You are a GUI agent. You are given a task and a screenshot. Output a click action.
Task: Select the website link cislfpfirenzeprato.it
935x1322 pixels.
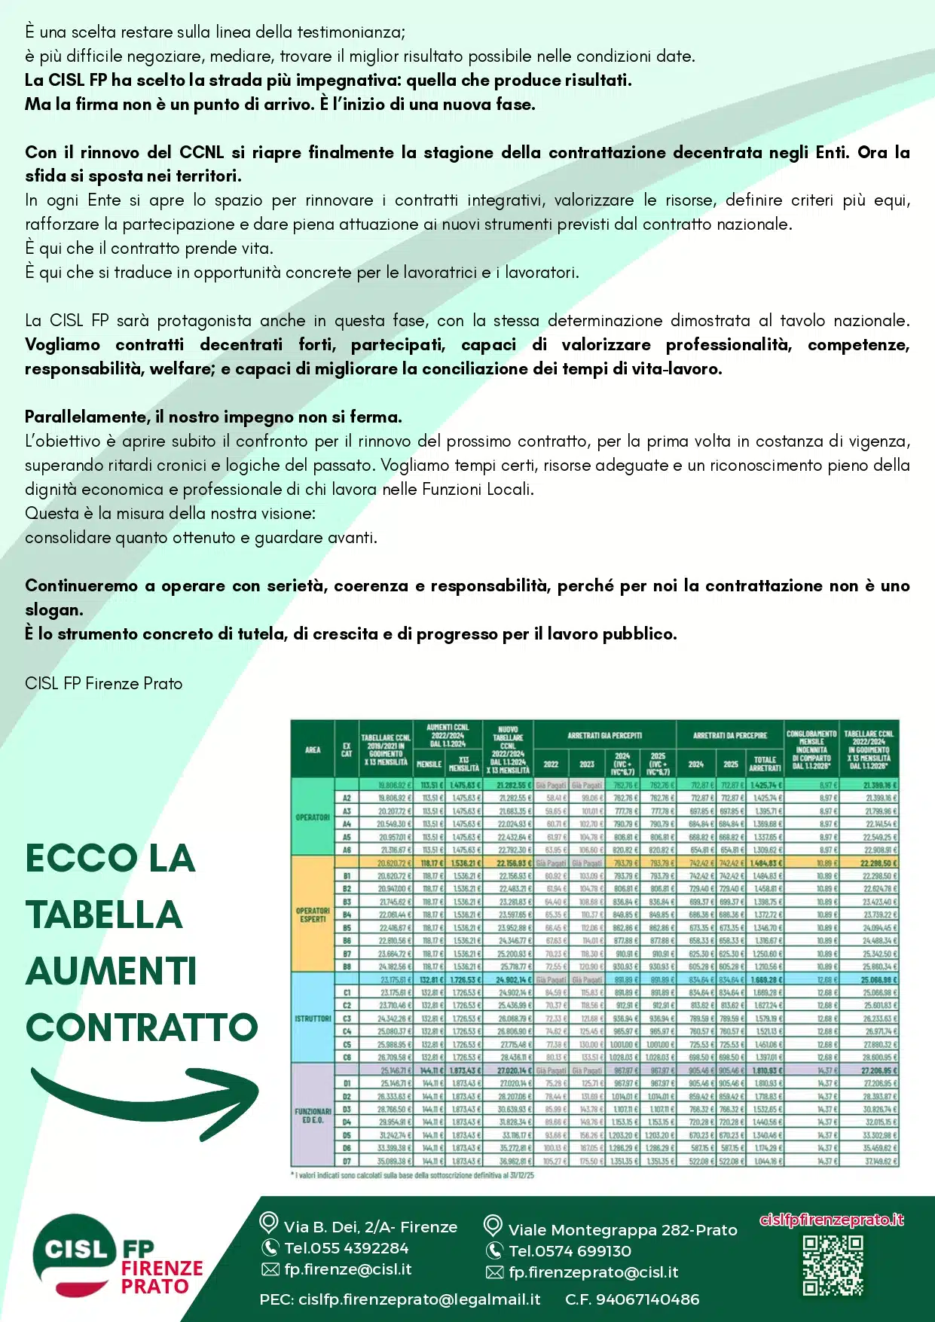point(832,1220)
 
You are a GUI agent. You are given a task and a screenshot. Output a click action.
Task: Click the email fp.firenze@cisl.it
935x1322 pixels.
point(347,1269)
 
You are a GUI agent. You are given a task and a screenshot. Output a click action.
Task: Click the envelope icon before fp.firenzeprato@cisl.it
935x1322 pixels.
point(494,1272)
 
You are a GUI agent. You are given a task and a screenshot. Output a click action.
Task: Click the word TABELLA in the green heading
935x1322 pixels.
point(104,915)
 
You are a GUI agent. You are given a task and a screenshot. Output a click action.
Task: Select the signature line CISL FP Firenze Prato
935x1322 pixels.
point(103,684)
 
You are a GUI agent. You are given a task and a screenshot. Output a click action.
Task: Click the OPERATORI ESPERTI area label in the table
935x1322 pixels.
point(313,914)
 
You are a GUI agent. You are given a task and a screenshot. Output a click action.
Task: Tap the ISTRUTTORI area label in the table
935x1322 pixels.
point(313,1018)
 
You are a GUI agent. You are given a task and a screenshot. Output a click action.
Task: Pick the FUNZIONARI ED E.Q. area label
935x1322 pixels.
point(313,1115)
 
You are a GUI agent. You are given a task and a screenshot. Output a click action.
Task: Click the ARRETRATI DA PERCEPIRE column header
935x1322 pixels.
point(729,735)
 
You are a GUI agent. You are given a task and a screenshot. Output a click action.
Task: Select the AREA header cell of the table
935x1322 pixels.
point(313,750)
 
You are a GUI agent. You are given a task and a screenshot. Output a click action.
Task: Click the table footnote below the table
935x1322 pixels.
point(412,1175)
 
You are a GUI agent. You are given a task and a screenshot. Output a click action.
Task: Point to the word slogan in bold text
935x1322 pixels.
point(53,610)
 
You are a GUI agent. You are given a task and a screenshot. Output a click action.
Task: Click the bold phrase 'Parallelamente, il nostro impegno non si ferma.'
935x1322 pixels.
point(213,417)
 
